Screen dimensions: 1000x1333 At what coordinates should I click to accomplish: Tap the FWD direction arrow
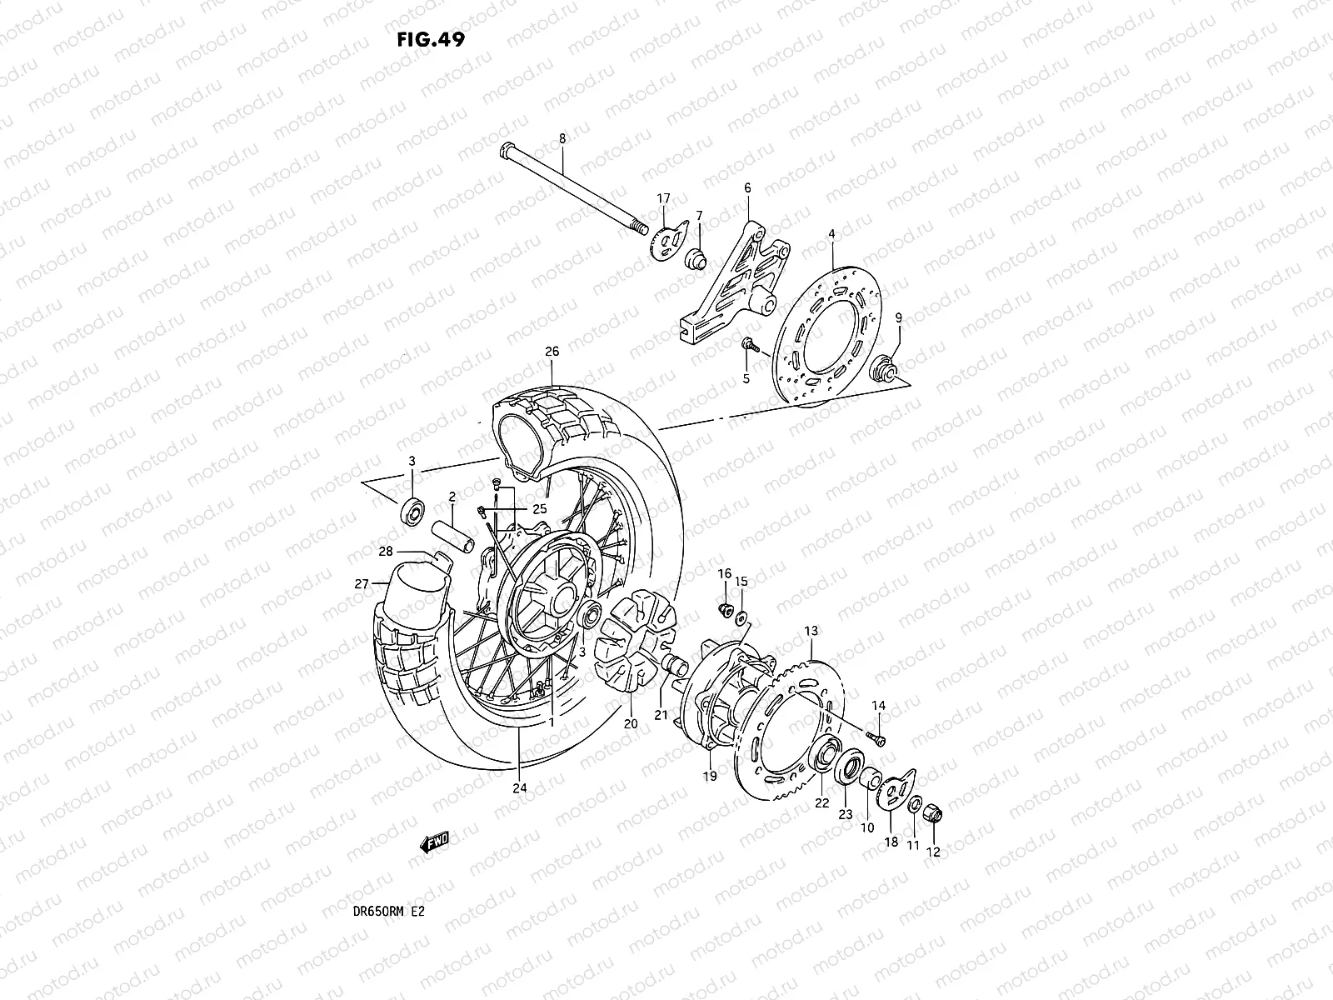pyautogui.click(x=434, y=844)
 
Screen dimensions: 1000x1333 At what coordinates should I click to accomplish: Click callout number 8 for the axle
pyautogui.click(x=585, y=138)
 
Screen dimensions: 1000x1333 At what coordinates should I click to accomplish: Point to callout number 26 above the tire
pyautogui.click(x=552, y=351)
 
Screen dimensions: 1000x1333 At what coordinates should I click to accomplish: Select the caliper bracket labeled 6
pyautogui.click(x=733, y=275)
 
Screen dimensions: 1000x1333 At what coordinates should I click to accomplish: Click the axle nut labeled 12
pyautogui.click(x=934, y=809)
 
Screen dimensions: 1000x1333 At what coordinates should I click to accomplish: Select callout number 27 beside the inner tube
pyautogui.click(x=361, y=584)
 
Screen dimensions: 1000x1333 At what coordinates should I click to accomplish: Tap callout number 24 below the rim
pyautogui.click(x=520, y=788)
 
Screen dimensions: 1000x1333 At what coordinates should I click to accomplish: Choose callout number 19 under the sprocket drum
pyautogui.click(x=710, y=776)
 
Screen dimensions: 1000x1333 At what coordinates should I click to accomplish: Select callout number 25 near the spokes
pyautogui.click(x=539, y=508)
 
